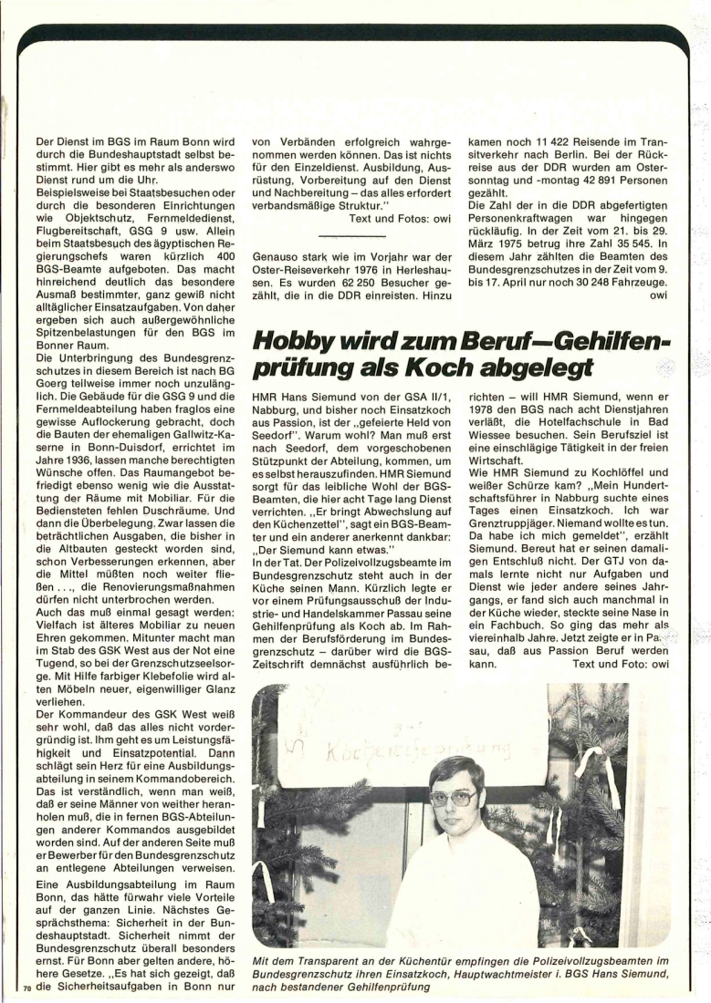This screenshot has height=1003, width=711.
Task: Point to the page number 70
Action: pos(26,988)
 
